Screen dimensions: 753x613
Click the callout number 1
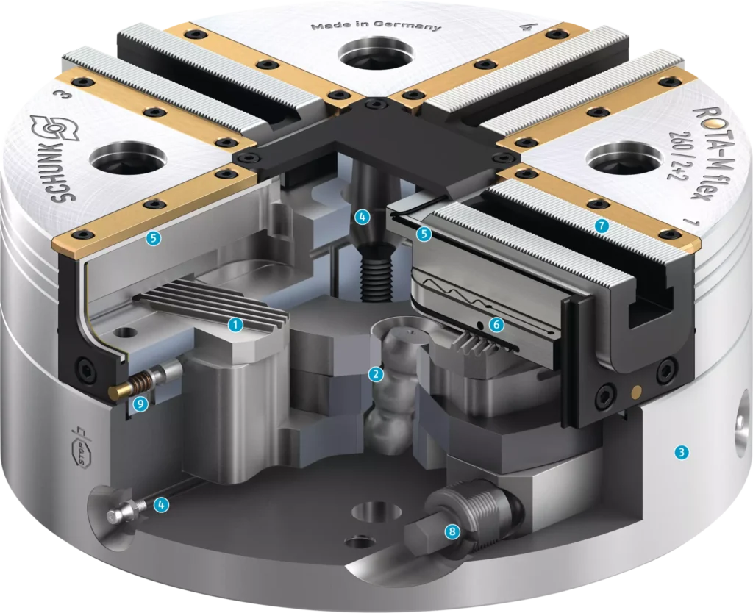[x=235, y=325]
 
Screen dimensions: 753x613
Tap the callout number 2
[x=376, y=374]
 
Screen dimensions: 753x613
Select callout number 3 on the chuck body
[x=682, y=452]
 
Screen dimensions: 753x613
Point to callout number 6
[x=496, y=325]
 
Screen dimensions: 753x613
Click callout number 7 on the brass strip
[x=602, y=225]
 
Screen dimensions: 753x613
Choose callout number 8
[x=452, y=531]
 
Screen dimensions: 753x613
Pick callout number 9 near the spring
[x=140, y=404]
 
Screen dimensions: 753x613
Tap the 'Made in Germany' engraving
[x=376, y=26]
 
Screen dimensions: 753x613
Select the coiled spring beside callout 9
[x=139, y=384]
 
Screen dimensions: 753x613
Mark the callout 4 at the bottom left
[x=161, y=504]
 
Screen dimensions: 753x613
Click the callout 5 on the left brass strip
[x=154, y=238]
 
